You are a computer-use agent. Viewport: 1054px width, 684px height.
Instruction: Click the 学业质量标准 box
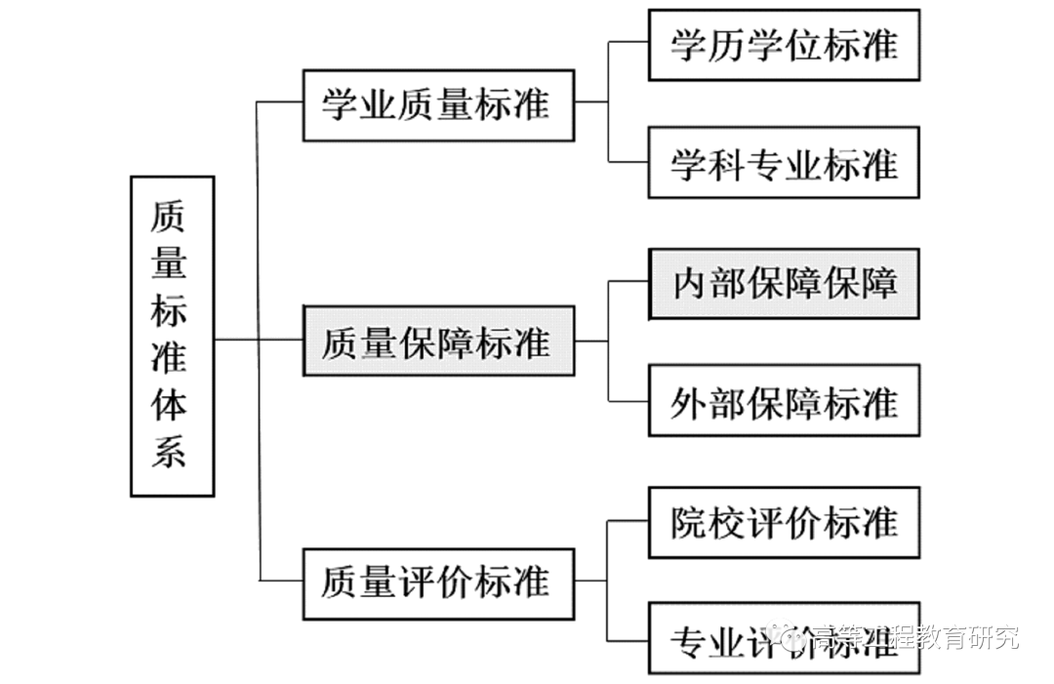tap(438, 105)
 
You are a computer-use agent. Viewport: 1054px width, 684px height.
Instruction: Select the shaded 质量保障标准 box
tap(438, 341)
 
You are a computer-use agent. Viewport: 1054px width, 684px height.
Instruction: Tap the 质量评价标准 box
tap(438, 583)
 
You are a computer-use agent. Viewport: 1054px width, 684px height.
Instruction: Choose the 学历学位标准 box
tap(784, 45)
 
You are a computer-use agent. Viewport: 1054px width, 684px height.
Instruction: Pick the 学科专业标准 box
tap(784, 163)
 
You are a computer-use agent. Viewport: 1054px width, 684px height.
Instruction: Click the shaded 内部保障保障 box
tap(784, 284)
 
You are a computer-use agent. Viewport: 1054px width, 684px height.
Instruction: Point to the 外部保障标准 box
tap(784, 401)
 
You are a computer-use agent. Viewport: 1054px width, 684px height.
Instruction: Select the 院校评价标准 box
tap(784, 522)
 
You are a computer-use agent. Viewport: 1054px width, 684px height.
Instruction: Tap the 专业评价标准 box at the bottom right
tap(784, 639)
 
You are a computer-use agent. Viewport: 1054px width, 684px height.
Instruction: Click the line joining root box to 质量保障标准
tap(259, 340)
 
